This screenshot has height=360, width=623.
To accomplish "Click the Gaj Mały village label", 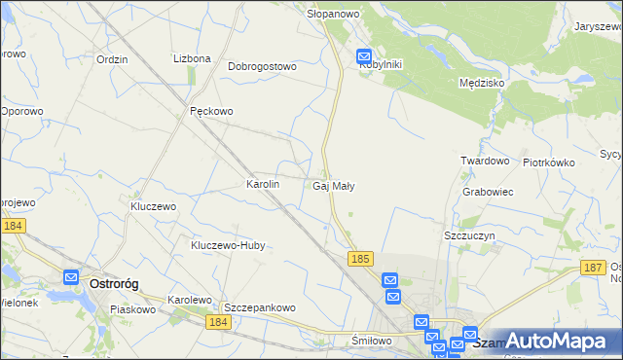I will [x=333, y=186].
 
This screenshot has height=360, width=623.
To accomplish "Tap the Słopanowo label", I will [x=334, y=15].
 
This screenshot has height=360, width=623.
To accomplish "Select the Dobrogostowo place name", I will [x=262, y=67].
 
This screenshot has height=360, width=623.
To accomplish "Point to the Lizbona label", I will [x=192, y=58].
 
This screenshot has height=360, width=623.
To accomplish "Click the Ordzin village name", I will [x=112, y=58].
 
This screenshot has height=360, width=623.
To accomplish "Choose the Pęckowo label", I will [x=211, y=111].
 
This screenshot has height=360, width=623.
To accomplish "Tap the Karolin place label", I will [x=263, y=184].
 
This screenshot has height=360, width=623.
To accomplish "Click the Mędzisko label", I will [x=481, y=84].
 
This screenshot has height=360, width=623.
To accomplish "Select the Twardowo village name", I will [x=486, y=161].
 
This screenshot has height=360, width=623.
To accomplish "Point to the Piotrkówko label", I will [x=549, y=162].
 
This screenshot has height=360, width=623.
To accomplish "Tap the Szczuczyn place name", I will [x=471, y=236].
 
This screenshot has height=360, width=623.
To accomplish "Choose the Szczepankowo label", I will [x=260, y=307].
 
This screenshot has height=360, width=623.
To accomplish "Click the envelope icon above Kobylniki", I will [x=365, y=56].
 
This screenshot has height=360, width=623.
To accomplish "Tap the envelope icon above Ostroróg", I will [x=71, y=277].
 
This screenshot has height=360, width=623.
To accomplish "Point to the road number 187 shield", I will [x=592, y=266].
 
